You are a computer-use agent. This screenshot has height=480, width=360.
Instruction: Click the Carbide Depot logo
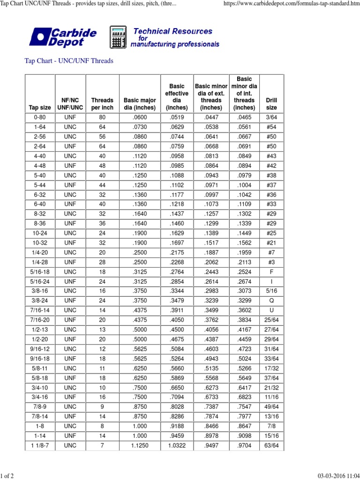[x=63, y=37]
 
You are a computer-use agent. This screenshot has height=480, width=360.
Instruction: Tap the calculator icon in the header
[x=118, y=37]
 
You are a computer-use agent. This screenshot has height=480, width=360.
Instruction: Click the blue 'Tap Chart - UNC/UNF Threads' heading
[x=68, y=61]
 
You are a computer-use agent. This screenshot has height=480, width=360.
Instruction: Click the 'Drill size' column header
[x=271, y=104]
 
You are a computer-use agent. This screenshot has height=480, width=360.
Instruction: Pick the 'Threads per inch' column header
[x=102, y=104]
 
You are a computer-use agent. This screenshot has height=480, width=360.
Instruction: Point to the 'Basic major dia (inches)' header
[x=140, y=104]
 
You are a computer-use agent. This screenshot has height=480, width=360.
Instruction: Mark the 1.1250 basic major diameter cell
[x=140, y=445]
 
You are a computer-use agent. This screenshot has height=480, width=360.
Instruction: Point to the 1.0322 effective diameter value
[x=177, y=445]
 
